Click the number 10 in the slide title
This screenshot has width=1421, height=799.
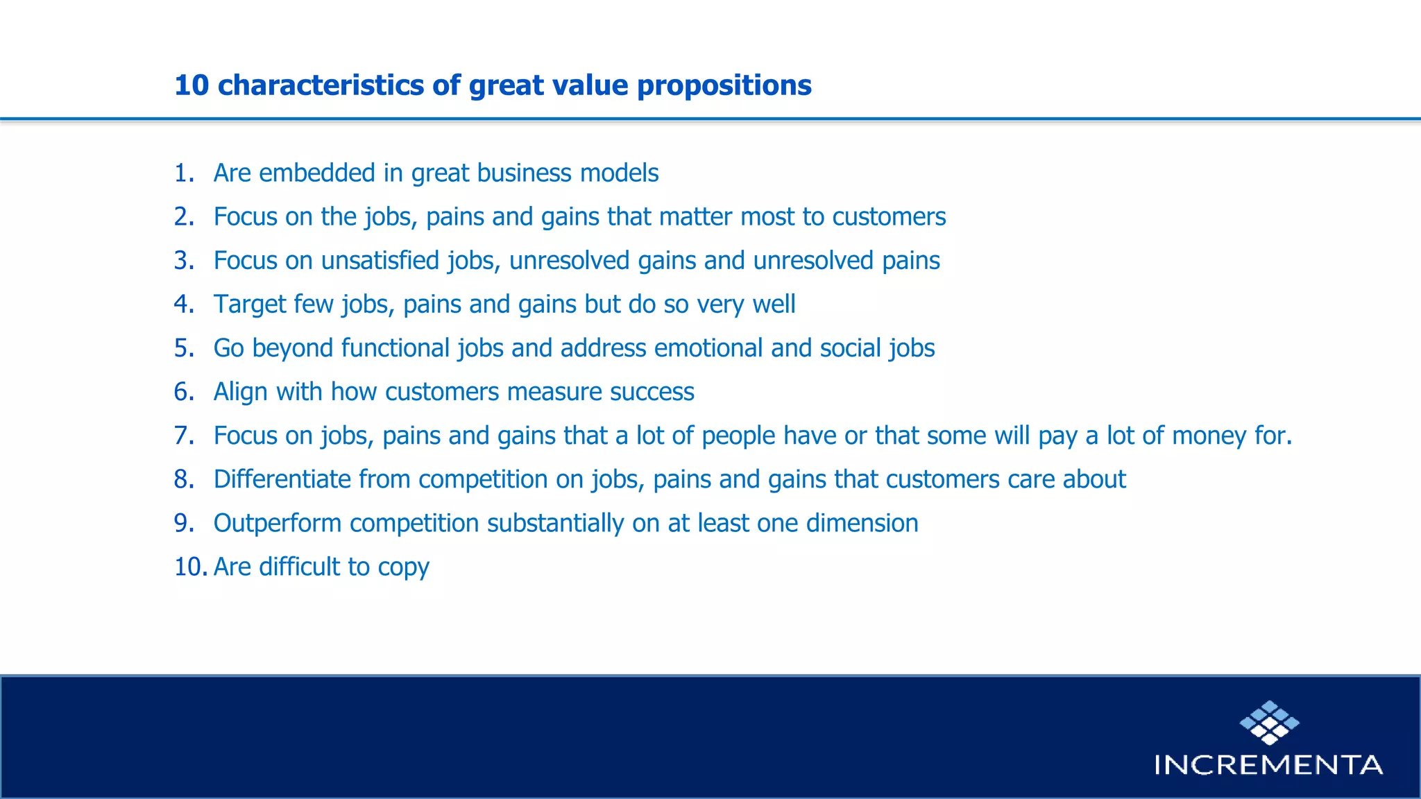point(192,85)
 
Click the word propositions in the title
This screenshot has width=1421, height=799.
point(724,85)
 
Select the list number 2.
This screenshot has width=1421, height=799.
point(184,216)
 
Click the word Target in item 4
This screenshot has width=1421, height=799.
point(249,304)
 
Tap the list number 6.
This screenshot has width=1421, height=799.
point(184,391)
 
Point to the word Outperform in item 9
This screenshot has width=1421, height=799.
point(277,523)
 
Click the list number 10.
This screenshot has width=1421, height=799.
point(190,567)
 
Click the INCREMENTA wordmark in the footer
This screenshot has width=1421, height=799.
point(1268,764)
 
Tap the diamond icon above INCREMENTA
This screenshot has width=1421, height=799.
point(1269,722)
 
